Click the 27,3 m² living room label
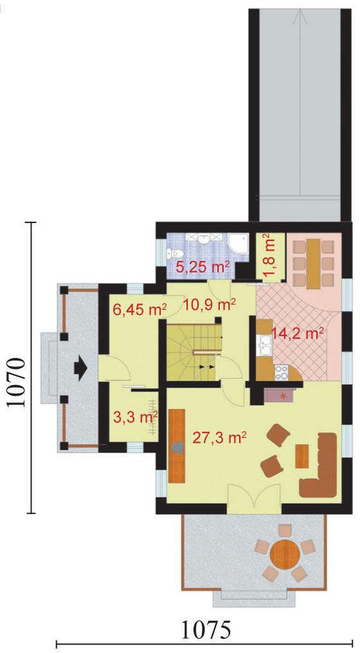219,437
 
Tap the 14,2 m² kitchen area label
298,333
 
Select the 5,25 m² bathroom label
203,267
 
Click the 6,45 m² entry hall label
140,309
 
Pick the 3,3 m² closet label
135,417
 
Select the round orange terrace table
285,553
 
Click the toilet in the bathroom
175,253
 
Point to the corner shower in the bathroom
239,244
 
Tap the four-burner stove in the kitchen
282,372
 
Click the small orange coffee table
302,456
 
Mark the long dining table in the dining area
313,264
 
